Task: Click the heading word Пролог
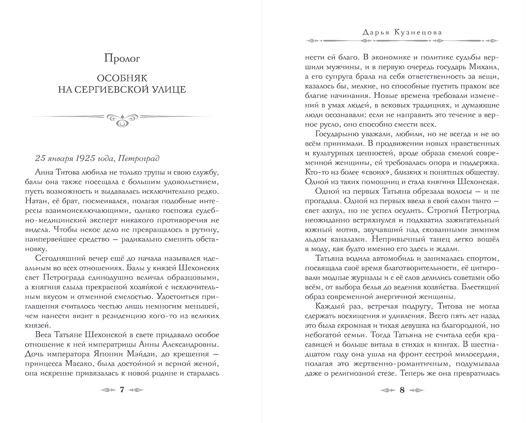click(x=122, y=59)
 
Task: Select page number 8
click(x=402, y=390)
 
